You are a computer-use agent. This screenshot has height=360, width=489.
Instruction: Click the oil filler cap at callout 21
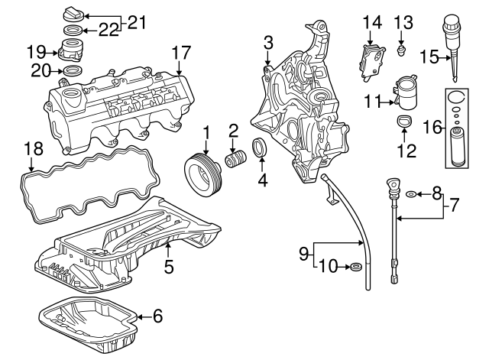click(x=73, y=15)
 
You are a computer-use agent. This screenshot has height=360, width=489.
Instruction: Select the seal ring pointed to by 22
click(x=73, y=31)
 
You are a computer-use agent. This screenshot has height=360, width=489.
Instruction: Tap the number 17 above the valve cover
click(x=181, y=53)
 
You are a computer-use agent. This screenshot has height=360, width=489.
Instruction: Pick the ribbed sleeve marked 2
click(x=236, y=158)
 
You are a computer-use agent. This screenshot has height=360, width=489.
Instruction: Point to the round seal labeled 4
click(x=260, y=148)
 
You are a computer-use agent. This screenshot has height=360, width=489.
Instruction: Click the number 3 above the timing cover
click(x=268, y=43)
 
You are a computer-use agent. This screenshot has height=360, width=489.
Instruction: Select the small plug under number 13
click(x=401, y=50)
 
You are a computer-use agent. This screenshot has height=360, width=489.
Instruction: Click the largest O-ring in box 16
click(x=456, y=96)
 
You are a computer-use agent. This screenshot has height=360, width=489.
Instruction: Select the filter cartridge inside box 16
click(x=458, y=145)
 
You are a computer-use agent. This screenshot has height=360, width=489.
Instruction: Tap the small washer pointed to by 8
click(x=411, y=195)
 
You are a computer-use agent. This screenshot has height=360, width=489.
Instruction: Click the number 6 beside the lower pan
click(x=158, y=316)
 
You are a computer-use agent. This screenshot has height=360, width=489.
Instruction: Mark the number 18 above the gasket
click(x=34, y=149)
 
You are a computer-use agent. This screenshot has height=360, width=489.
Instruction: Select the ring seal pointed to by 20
click(x=73, y=71)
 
